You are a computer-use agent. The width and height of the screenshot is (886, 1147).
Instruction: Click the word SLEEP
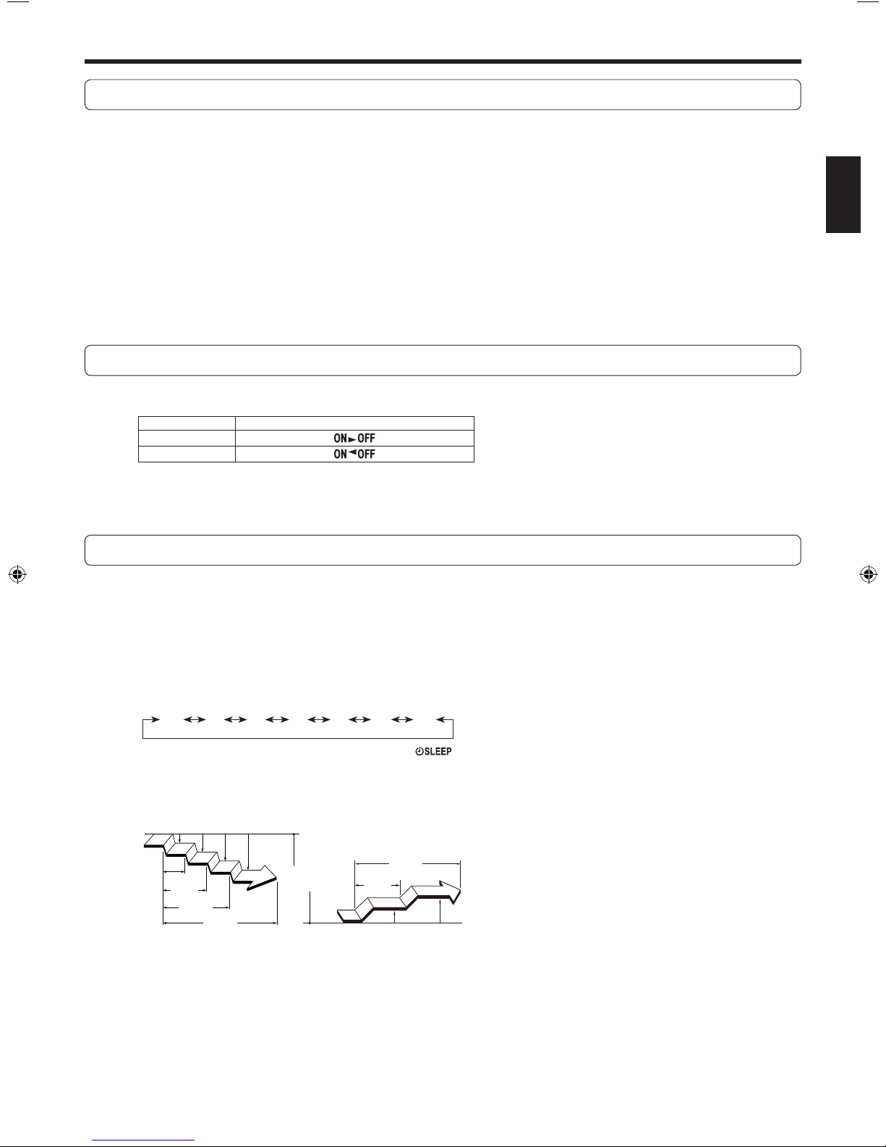coord(438,751)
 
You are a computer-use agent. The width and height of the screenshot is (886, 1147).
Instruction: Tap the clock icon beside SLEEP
coord(419,751)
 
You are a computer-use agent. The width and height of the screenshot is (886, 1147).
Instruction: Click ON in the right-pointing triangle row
coord(340,438)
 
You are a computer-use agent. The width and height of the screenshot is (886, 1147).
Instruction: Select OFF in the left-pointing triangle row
coord(366,454)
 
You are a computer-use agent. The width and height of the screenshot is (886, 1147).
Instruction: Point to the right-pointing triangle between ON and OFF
coord(352,439)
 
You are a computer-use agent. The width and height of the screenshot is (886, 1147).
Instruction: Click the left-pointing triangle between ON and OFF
coord(352,452)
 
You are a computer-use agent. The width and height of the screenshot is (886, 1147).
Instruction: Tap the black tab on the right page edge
coord(843,194)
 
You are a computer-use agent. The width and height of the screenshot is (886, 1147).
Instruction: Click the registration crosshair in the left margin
coord(17,574)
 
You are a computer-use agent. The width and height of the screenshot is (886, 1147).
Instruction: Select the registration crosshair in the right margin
coord(868,574)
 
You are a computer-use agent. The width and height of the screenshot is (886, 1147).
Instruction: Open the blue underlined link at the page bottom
coord(143,1139)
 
